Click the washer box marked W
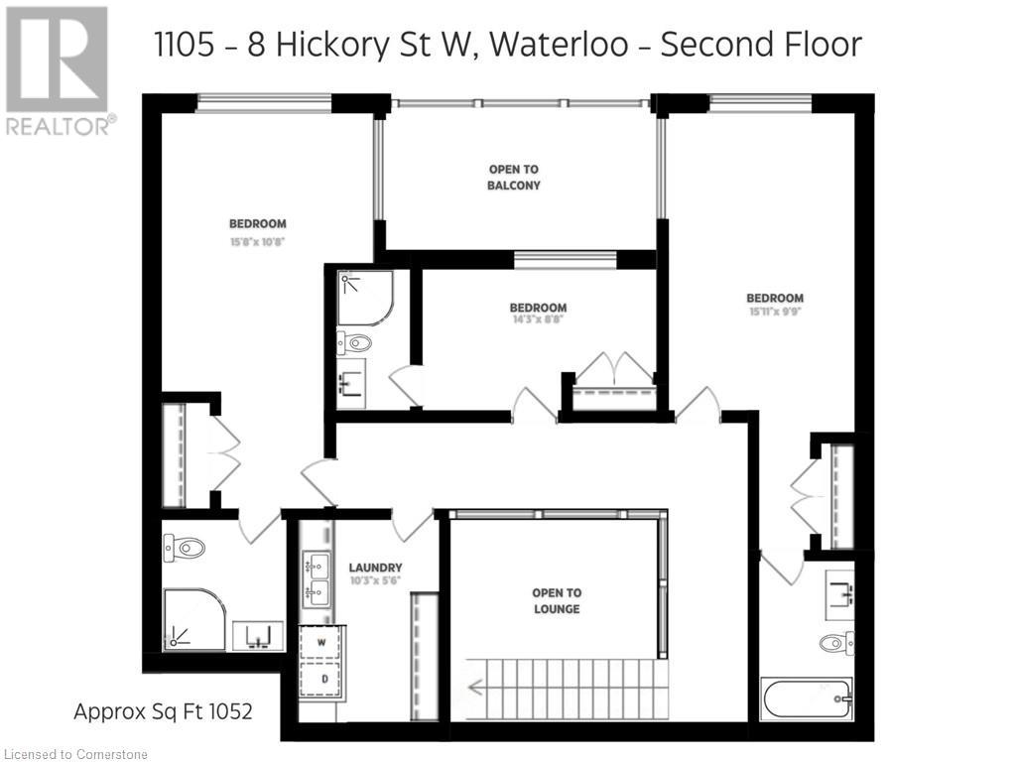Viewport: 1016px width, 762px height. (321, 643)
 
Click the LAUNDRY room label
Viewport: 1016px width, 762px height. (375, 568)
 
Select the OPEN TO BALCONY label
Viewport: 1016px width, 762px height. (514, 178)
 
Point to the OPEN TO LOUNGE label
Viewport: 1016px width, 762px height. (557, 600)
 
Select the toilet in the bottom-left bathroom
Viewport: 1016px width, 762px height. (184, 547)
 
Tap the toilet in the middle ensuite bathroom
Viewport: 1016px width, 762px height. (354, 344)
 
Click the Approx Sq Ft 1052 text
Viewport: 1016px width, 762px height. (164, 711)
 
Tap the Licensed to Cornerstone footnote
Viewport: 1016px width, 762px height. (74, 754)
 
